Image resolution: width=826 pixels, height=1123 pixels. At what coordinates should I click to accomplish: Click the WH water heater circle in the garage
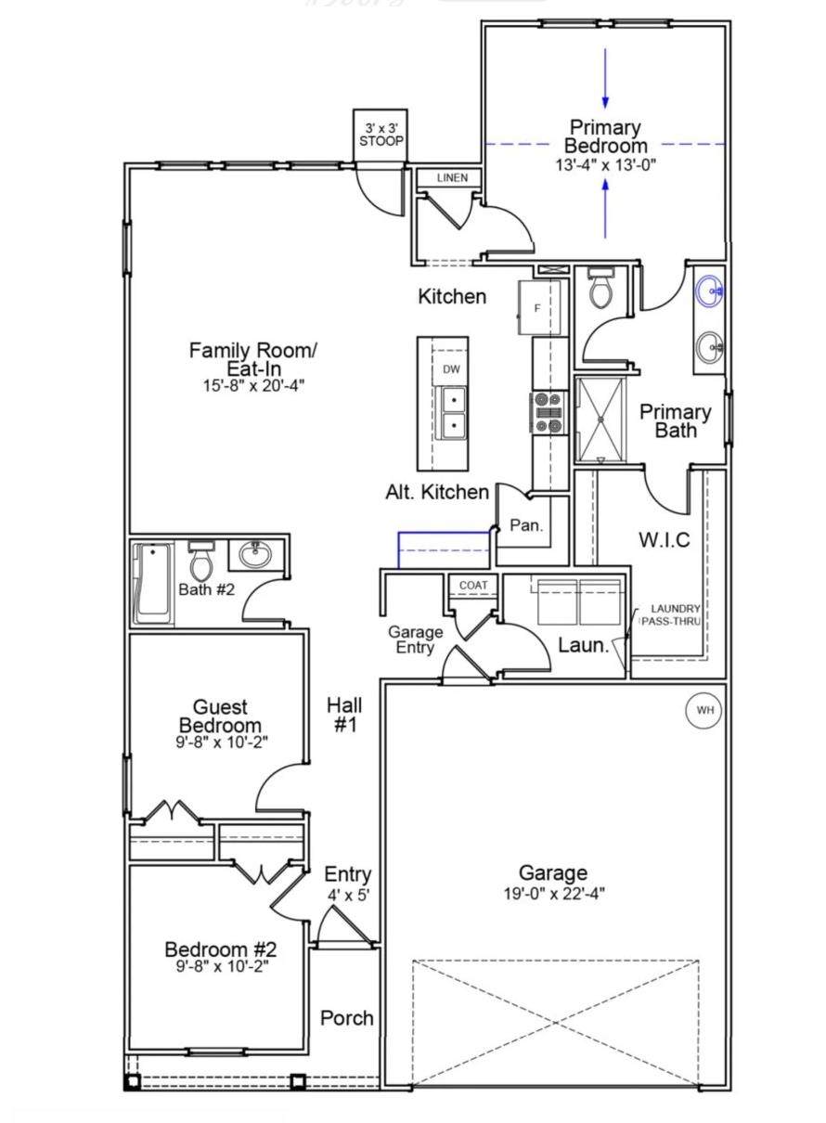[x=703, y=710]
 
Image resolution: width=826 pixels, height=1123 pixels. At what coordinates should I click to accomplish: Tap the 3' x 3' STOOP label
[x=381, y=135]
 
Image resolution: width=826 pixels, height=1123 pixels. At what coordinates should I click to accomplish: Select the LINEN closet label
[x=452, y=177]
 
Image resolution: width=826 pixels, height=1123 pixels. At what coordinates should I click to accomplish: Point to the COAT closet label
[x=473, y=585]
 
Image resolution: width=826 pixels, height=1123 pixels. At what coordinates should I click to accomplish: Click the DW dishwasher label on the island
[x=451, y=369]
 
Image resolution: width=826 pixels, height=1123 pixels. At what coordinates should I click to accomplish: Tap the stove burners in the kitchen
[x=548, y=412]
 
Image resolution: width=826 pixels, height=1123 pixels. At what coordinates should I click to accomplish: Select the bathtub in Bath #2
[x=153, y=584]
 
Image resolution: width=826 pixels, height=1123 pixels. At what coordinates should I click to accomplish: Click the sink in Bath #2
[x=255, y=554]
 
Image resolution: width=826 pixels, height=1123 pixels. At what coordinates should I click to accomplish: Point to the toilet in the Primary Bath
[x=600, y=289]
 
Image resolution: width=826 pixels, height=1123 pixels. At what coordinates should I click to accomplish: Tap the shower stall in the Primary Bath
[x=600, y=420]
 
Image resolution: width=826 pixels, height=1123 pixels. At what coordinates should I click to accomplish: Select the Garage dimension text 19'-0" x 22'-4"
[x=554, y=894]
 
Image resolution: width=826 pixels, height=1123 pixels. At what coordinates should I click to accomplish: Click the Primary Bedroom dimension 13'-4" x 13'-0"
[x=605, y=165]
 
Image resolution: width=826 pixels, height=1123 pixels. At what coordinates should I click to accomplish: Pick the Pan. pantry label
[x=526, y=525]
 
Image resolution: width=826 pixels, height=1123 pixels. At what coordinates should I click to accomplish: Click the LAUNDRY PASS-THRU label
[x=672, y=615]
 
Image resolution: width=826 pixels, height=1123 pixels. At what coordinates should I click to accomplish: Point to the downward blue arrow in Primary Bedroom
[x=605, y=78]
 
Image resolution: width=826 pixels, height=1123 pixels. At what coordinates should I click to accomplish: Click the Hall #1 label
[x=345, y=715]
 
